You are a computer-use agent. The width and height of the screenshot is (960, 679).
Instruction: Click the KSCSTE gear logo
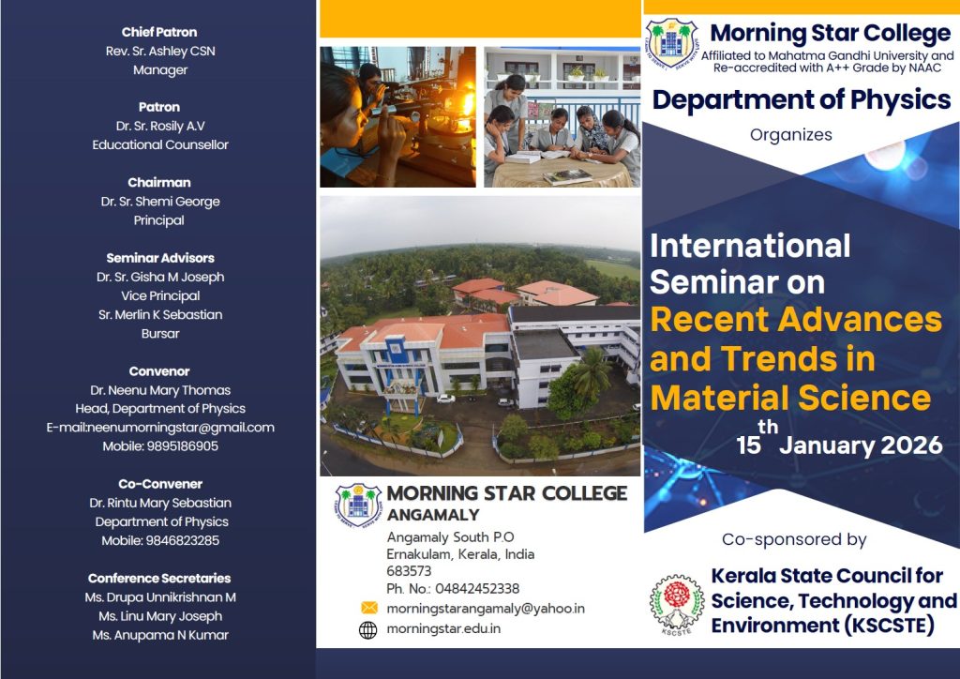[x=677, y=604]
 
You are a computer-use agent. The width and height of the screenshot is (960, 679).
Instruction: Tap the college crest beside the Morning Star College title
[x=671, y=43]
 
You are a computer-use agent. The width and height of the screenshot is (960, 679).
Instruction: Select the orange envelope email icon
[x=369, y=608]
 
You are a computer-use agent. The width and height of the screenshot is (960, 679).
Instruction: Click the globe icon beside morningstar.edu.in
[x=367, y=630]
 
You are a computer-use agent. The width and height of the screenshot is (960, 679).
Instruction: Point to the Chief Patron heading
[x=159, y=32]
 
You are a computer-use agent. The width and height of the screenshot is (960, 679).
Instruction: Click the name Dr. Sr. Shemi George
[x=160, y=202]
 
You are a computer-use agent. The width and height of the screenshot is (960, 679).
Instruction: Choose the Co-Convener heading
[x=160, y=484]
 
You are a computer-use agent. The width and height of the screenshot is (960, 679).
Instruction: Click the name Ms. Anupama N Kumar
[x=160, y=635]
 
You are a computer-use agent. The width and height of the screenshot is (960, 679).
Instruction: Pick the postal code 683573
[x=409, y=571]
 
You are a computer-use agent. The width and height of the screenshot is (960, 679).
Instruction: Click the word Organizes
[x=791, y=135]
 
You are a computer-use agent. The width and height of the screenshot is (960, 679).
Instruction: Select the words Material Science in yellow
[x=790, y=398]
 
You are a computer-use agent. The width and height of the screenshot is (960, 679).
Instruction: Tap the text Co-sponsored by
[x=794, y=539]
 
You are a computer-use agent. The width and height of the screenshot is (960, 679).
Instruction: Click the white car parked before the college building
[x=445, y=399]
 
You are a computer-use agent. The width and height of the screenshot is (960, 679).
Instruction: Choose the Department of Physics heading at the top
[x=802, y=99]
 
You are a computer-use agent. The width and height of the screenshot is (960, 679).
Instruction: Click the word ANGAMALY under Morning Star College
[x=433, y=515]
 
